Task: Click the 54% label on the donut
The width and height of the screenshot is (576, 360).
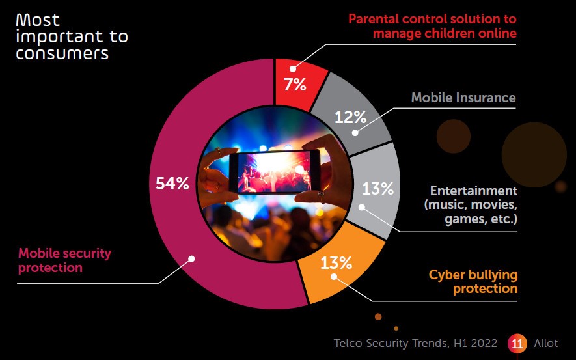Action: tap(172, 184)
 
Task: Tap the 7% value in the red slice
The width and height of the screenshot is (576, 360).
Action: tap(294, 84)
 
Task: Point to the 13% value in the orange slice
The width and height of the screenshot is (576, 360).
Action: tap(336, 263)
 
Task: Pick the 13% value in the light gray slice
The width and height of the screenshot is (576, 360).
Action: tap(377, 189)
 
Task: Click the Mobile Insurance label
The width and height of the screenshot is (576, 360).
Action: tap(463, 98)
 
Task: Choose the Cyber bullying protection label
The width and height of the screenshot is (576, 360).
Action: tap(473, 281)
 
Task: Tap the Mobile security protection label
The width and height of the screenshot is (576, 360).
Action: tap(64, 260)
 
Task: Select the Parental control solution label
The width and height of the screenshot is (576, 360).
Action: tap(432, 25)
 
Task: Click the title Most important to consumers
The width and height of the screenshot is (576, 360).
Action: tap(71, 36)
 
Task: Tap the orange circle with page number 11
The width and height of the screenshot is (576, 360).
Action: tap(518, 343)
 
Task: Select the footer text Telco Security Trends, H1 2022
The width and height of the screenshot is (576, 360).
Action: tap(415, 343)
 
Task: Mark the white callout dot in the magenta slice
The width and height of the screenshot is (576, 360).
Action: tap(191, 258)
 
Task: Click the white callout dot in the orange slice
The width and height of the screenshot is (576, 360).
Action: tap(333, 277)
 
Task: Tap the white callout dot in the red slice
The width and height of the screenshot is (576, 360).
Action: tap(293, 68)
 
